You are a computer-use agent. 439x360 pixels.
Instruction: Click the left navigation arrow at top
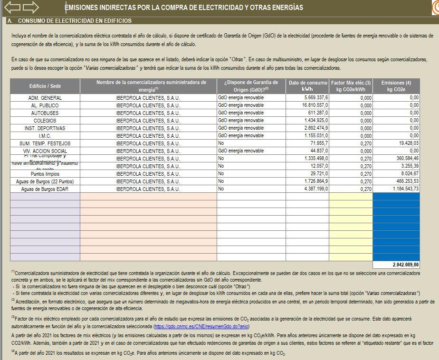tap(13, 7)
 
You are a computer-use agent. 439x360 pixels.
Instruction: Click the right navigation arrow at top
tap(30, 7)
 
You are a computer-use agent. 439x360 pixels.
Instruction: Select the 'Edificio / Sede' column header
tap(45, 86)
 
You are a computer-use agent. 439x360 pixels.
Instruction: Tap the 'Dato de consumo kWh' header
tap(307, 86)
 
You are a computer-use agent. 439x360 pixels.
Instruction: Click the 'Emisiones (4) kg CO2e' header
tap(396, 86)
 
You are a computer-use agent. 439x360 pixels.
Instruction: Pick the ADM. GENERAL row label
tap(45, 98)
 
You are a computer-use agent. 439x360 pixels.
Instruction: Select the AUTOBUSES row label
tap(45, 113)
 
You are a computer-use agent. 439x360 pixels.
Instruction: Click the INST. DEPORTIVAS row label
tap(45, 128)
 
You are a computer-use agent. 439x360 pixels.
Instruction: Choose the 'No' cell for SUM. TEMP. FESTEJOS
tap(221, 143)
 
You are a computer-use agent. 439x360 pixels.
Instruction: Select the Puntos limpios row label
tap(45, 174)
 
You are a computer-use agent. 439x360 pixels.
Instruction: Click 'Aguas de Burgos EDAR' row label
tap(45, 189)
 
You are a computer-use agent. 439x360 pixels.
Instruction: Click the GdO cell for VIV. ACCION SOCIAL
tap(240, 151)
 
